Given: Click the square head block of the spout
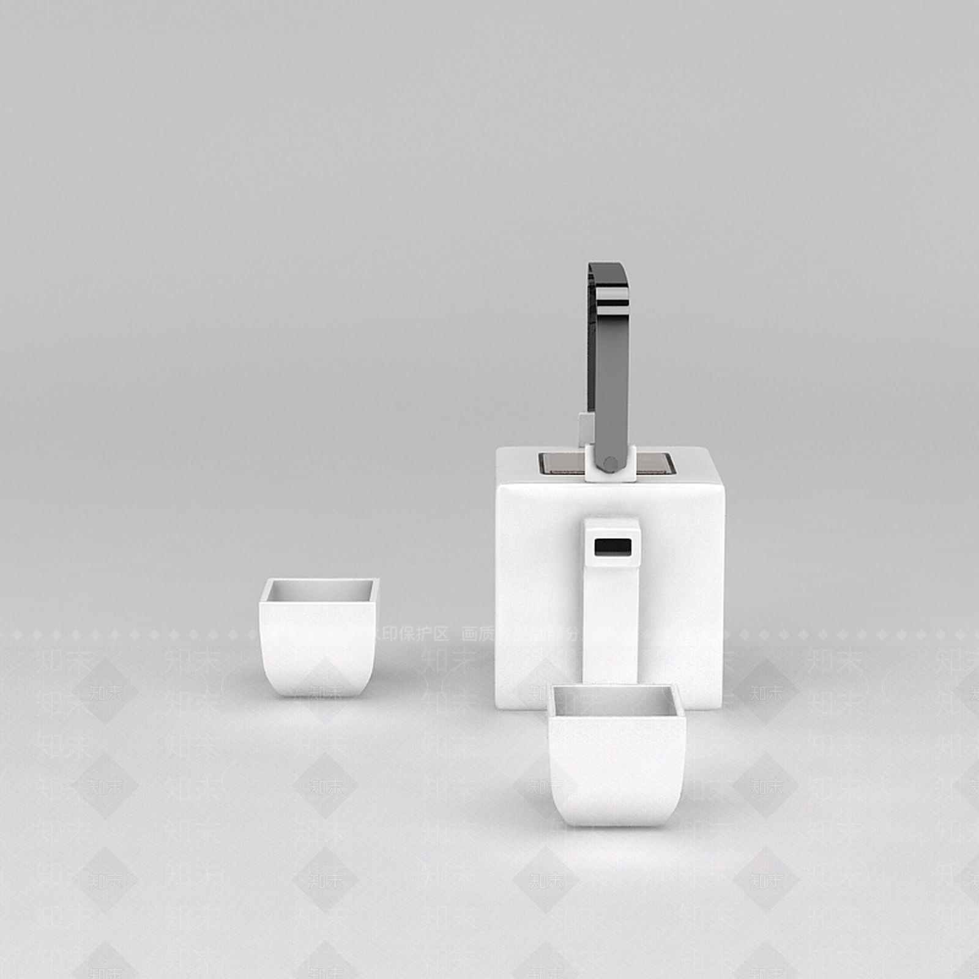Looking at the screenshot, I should coord(612,538).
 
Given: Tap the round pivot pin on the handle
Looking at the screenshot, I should coord(609,463).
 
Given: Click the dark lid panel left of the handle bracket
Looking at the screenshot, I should coord(561,464).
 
